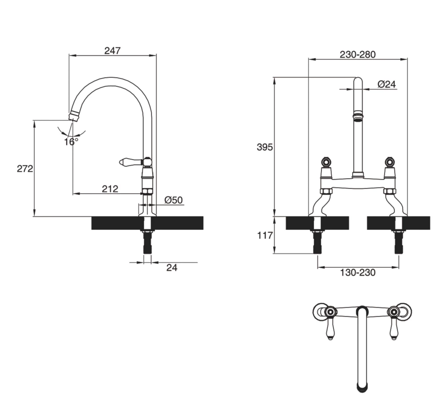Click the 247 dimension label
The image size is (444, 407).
click(112, 51)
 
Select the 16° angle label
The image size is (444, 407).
click(71, 141)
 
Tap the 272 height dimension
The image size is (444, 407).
click(25, 169)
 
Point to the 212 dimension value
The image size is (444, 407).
click(110, 189)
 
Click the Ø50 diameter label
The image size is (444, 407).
click(173, 200)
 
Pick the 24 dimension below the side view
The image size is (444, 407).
click(171, 268)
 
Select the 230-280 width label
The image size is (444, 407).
click(357, 55)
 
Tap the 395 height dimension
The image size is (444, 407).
click(265, 148)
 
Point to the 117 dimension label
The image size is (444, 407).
click(265, 236)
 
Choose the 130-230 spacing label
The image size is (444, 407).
click(357, 273)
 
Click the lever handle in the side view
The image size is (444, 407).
click(130, 162)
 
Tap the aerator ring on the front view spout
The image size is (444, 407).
click(358, 117)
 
